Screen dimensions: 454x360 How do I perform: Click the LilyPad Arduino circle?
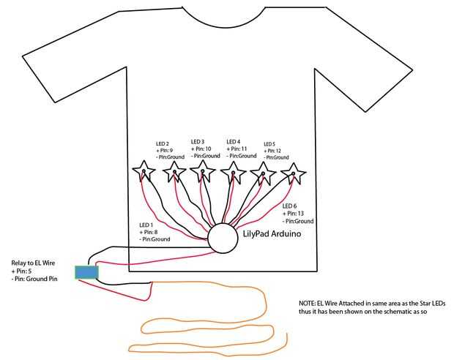(223, 238)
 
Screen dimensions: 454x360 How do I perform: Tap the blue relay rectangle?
(86, 272)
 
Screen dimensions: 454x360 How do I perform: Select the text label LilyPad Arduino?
(272, 236)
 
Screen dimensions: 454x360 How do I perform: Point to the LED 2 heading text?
(163, 143)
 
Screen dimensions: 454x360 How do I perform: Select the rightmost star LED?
(293, 173)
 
